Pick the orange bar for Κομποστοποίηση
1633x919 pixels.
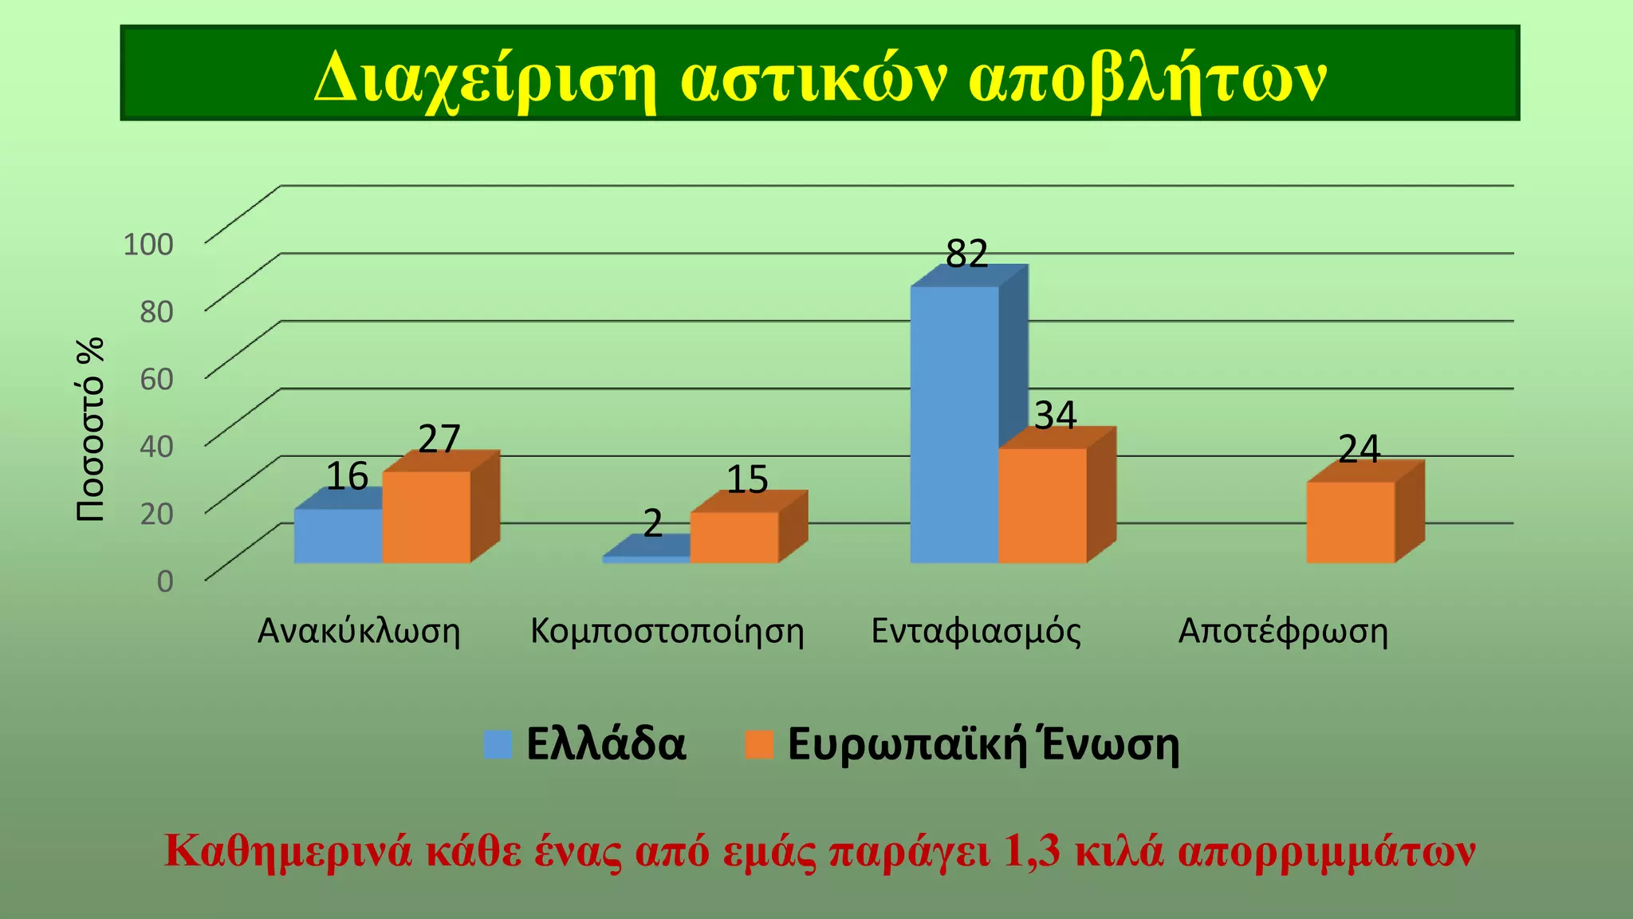click(x=734, y=538)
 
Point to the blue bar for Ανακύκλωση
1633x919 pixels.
click(x=338, y=536)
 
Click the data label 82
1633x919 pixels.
click(x=966, y=254)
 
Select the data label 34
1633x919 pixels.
click(x=1055, y=416)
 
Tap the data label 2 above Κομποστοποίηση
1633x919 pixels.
click(x=652, y=524)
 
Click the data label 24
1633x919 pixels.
click(x=1359, y=449)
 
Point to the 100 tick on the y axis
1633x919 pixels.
click(x=148, y=244)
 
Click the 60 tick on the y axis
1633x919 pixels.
click(x=156, y=379)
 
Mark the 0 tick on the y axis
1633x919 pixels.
click(x=164, y=581)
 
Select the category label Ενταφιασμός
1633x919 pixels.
click(x=976, y=631)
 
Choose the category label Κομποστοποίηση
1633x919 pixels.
click(x=667, y=631)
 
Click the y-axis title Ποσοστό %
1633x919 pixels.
click(x=91, y=429)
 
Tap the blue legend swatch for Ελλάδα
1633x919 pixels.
click(x=498, y=744)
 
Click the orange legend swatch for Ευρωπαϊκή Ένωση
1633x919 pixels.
click(x=759, y=744)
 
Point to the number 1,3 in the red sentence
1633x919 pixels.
click(x=1033, y=851)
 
